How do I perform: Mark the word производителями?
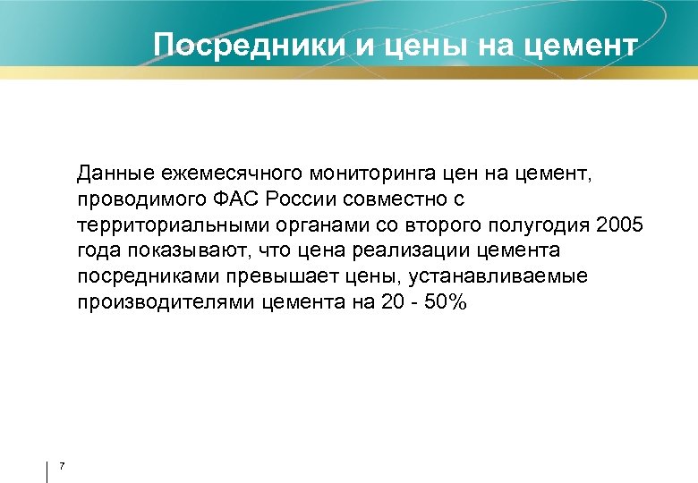[165, 302]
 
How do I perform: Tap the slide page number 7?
[62, 464]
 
